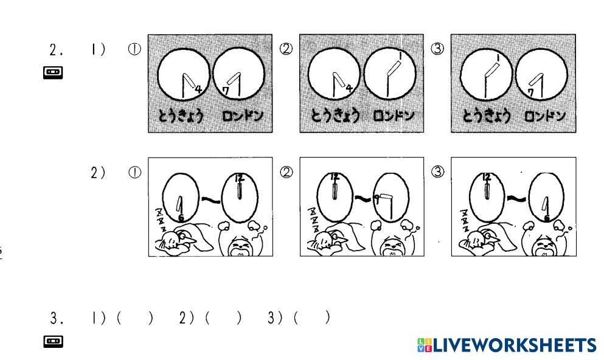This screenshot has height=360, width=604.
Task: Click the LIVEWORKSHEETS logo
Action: pos(507,345)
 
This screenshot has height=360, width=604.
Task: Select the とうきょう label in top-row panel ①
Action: pos(181,116)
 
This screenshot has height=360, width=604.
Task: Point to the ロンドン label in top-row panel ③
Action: pos(544,116)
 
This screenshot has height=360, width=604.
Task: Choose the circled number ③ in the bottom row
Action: pos(437,173)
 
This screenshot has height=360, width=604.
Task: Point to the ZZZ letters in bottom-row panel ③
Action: pos(465,221)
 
